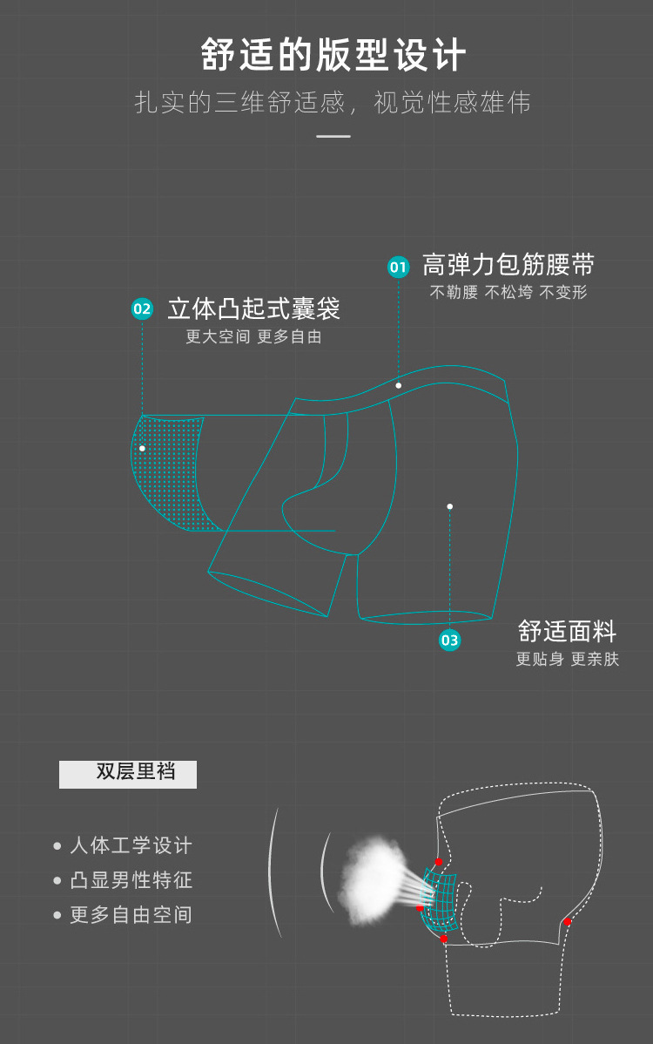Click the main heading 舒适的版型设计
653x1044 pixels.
333,55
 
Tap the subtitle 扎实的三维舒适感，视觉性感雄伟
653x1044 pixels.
333,103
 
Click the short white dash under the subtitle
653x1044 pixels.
333,136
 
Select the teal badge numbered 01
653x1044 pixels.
399,267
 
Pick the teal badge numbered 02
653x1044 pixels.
142,308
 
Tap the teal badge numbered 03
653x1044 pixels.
449,641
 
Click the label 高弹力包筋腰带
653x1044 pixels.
508,265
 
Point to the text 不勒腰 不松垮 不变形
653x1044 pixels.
508,293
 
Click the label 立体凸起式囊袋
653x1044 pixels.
253,308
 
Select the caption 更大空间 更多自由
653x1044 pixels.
253,336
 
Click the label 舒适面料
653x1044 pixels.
567,631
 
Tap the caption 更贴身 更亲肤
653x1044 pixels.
567,660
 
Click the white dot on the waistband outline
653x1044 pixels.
399,385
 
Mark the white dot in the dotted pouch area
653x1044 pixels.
142,448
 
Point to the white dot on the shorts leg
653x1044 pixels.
449,506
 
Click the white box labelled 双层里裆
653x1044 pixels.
128,774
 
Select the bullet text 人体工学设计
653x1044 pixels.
131,845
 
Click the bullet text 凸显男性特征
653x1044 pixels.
131,880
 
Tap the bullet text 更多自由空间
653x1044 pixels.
131,915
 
